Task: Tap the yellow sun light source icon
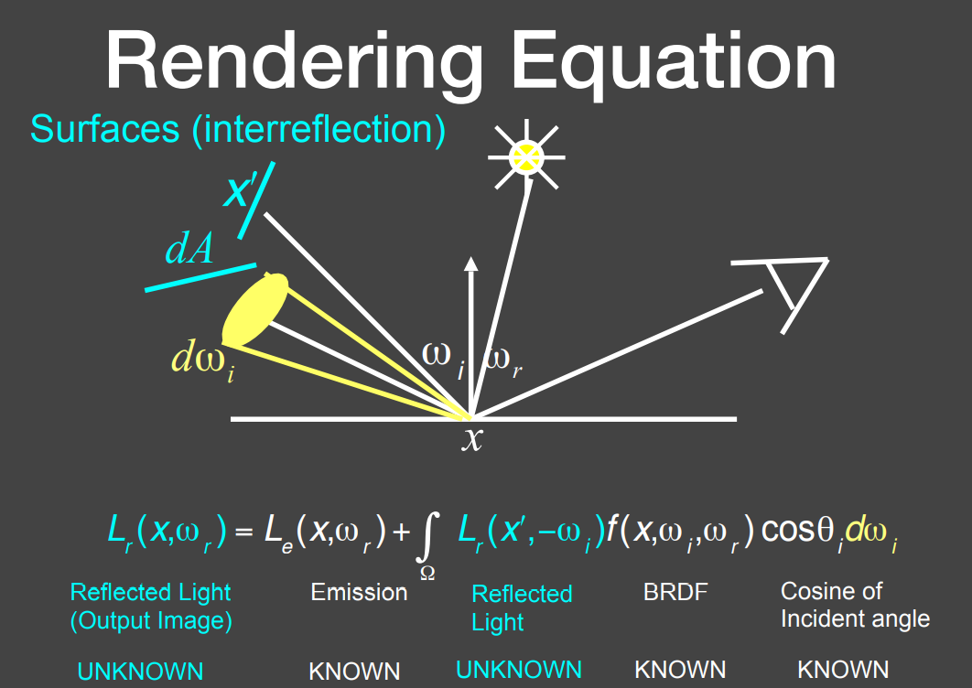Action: click(x=526, y=156)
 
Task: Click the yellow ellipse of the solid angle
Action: click(x=255, y=309)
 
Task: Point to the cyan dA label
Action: click(x=189, y=249)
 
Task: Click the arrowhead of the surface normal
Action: click(x=471, y=263)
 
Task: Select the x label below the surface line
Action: click(x=471, y=438)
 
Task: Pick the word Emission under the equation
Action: click(x=359, y=592)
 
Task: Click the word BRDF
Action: click(x=675, y=592)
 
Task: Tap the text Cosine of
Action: click(x=831, y=591)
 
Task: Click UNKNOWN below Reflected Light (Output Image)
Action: click(x=140, y=672)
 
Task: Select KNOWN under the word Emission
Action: click(x=354, y=672)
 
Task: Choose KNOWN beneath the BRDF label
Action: click(x=680, y=670)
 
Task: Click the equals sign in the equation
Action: click(x=244, y=532)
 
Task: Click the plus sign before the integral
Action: click(x=401, y=532)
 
